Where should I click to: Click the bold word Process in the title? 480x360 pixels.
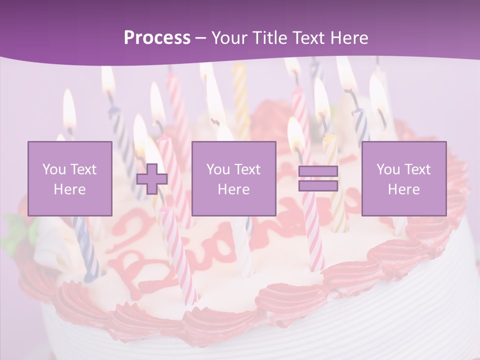click(x=157, y=38)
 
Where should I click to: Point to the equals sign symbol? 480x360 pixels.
click(x=318, y=178)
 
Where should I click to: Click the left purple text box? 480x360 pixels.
click(x=70, y=178)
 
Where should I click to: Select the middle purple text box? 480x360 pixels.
click(x=233, y=178)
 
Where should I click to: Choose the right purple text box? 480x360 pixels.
click(x=403, y=178)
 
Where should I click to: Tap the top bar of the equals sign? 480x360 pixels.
click(x=318, y=171)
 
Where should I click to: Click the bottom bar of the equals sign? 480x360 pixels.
click(x=318, y=185)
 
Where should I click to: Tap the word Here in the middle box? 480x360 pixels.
click(x=233, y=189)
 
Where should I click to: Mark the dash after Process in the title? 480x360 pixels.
click(x=200, y=38)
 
